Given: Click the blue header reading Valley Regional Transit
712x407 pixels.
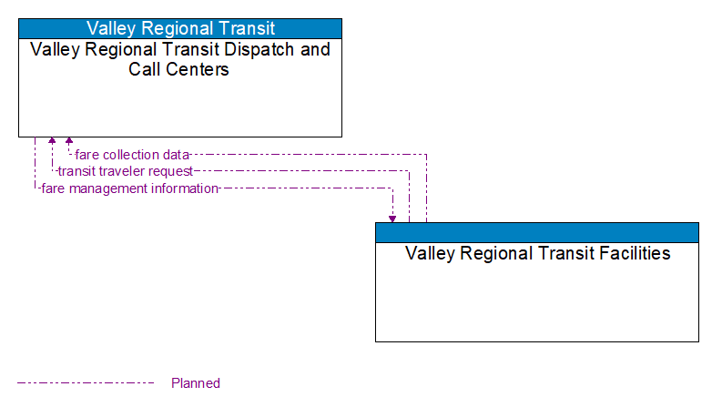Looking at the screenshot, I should pyautogui.click(x=180, y=28).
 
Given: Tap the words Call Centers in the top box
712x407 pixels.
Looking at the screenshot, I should pyautogui.click(x=179, y=69).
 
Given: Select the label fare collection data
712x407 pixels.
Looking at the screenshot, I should pyautogui.click(x=132, y=155).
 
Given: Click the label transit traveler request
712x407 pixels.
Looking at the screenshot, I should pyautogui.click(x=125, y=171).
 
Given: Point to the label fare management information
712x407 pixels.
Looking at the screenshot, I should pyautogui.click(x=129, y=188).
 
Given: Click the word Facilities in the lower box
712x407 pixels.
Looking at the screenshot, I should pyautogui.click(x=628, y=253).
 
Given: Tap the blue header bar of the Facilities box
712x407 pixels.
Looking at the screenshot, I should pyautogui.click(x=537, y=231).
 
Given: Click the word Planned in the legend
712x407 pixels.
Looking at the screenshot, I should pyautogui.click(x=196, y=383).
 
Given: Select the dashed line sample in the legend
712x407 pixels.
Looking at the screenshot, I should pyautogui.click(x=86, y=383).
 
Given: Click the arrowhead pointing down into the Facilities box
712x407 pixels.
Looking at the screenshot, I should pyautogui.click(x=392, y=218).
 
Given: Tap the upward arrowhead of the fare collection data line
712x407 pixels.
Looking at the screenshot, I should pyautogui.click(x=69, y=142).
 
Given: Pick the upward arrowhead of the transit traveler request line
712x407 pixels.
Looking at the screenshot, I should pyautogui.click(x=52, y=142).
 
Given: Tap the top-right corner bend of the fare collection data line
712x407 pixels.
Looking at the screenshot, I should pyautogui.click(x=426, y=155).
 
